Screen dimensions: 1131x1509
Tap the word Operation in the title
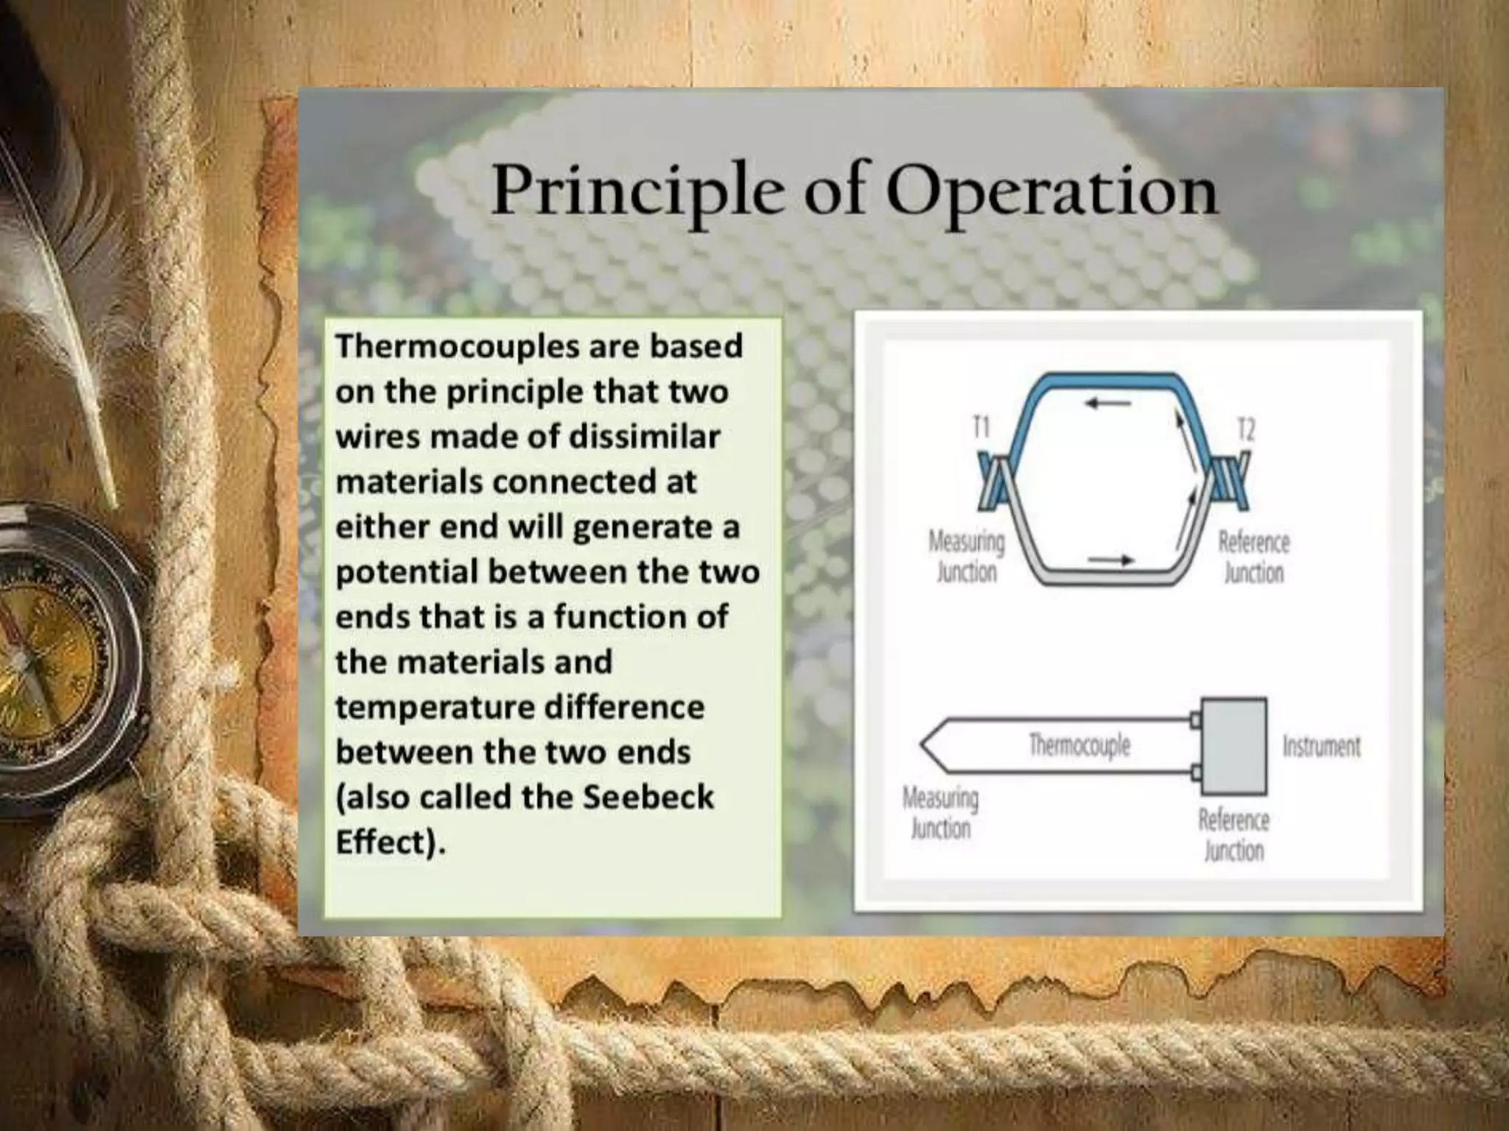[x=1051, y=191]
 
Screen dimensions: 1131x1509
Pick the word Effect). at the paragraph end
[x=391, y=842]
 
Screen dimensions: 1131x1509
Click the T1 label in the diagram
[x=981, y=427]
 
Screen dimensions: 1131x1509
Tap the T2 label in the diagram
[x=1245, y=429]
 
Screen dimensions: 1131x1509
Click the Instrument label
[x=1321, y=746]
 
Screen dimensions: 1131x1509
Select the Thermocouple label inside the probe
[x=1079, y=744]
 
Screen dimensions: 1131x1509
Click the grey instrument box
[x=1233, y=746]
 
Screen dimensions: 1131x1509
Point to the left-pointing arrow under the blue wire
[x=1108, y=404]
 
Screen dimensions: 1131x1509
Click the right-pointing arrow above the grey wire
[x=1110, y=561]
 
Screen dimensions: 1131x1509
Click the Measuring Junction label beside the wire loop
[x=966, y=557]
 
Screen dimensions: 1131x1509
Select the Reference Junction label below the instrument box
[x=1234, y=835]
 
